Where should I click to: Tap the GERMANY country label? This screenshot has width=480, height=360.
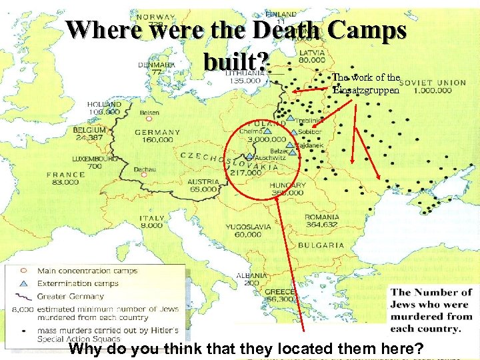157,132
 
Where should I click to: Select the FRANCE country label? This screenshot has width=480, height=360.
65,175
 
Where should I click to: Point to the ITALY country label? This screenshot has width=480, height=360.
152,218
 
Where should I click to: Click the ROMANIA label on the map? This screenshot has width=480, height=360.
322,217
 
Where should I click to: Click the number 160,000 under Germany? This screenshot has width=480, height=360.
157,140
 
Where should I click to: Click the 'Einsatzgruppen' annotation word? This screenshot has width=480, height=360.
366,89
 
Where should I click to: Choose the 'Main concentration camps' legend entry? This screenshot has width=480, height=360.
87,271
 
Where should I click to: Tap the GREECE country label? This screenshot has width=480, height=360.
275,291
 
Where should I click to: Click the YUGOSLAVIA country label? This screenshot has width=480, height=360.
248,227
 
